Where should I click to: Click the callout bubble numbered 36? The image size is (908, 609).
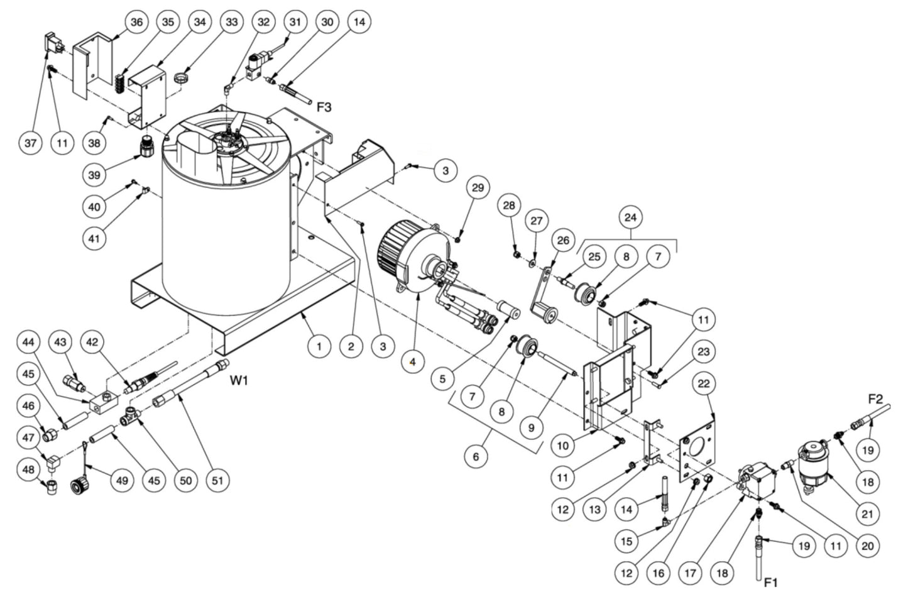[x=136, y=22]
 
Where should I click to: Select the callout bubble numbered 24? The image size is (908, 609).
[x=630, y=217]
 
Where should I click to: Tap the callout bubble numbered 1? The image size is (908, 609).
[x=319, y=346]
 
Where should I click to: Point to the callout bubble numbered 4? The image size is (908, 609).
[x=413, y=361]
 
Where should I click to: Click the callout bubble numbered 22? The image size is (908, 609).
[x=704, y=383]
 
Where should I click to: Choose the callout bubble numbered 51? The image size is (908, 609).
[x=217, y=481]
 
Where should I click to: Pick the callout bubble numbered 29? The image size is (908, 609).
[x=478, y=188]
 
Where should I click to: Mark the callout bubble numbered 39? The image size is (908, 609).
[x=94, y=175]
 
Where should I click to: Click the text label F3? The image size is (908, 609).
[x=324, y=107]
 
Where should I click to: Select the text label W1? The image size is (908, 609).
[x=239, y=380]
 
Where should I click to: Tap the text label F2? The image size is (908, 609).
[x=875, y=398]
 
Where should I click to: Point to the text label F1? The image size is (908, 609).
[x=770, y=583]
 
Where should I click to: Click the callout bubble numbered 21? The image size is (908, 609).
[x=867, y=514]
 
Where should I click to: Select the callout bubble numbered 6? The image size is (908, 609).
[x=476, y=456]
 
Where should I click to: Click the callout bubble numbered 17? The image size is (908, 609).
[x=691, y=573]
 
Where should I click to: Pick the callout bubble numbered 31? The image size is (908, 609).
[x=295, y=22]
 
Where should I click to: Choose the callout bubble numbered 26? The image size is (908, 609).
[x=563, y=240]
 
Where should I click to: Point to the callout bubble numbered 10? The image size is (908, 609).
[x=562, y=446]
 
